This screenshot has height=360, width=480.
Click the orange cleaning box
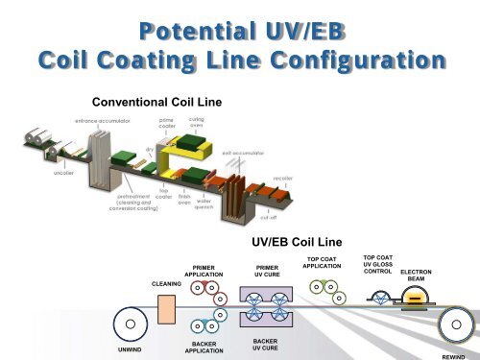coord(165,310)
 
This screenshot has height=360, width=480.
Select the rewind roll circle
coord(455,324)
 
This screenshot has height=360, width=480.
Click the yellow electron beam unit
coord(416,298)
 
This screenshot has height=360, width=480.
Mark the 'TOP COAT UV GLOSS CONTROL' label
coord(377,264)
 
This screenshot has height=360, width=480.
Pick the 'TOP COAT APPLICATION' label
coord(327,263)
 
